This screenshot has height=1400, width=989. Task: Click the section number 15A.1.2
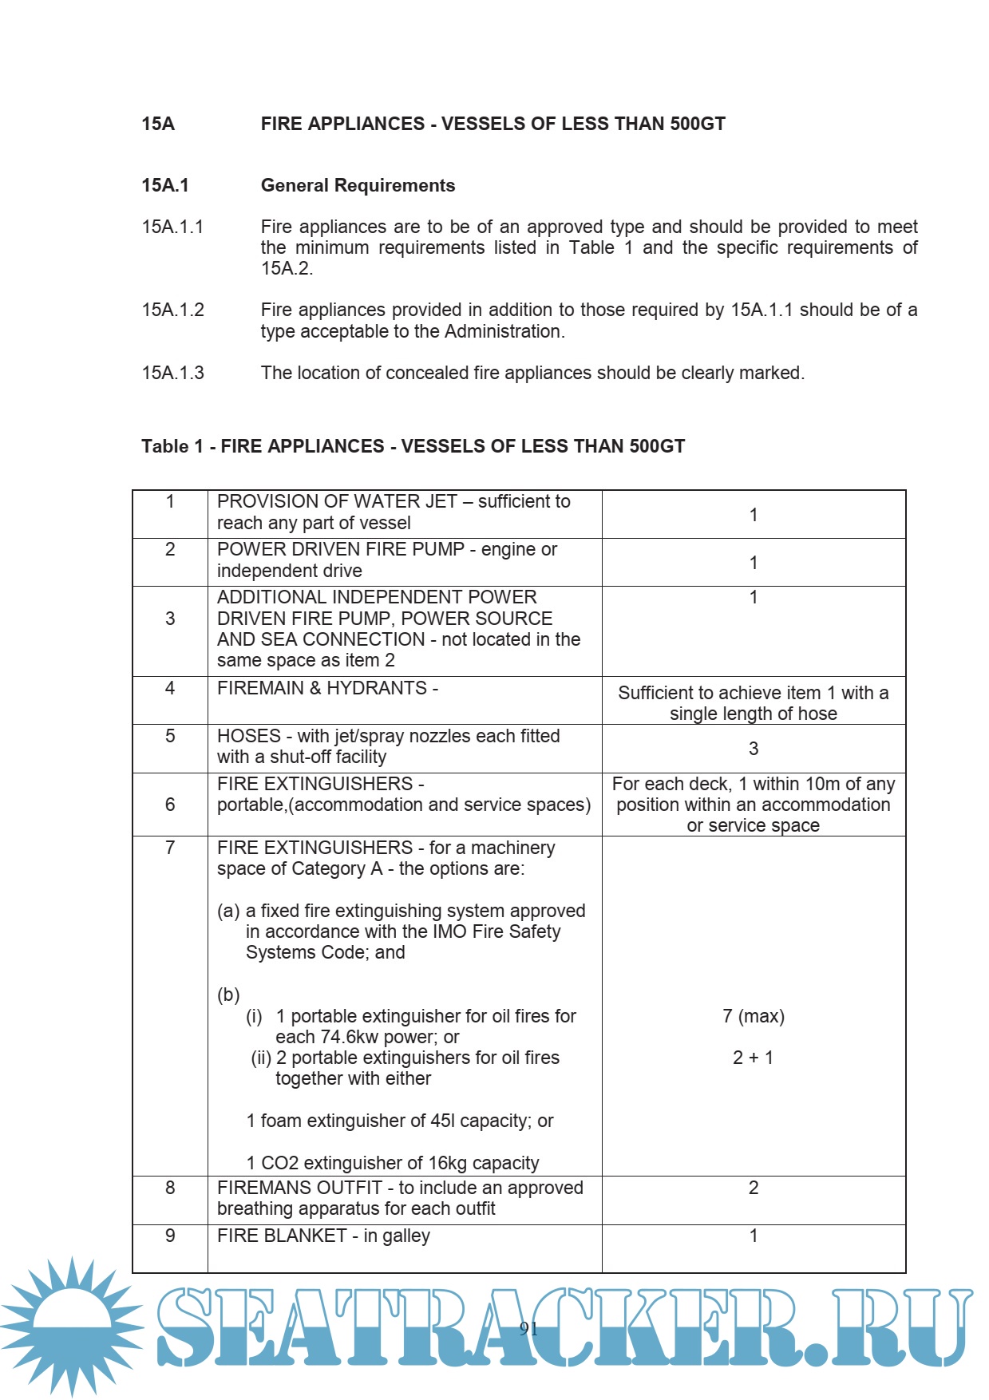172,310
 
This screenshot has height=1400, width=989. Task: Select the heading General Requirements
358,185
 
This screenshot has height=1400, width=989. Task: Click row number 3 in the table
170,619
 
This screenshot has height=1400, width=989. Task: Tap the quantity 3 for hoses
753,749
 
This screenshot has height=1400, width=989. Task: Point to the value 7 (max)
753,1016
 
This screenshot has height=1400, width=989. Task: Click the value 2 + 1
753,1058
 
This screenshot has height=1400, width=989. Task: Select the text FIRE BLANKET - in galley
323,1236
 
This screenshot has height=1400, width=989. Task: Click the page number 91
528,1328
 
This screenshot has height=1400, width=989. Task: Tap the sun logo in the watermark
72,1325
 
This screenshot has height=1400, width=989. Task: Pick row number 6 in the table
170,805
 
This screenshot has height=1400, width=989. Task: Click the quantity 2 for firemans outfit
753,1188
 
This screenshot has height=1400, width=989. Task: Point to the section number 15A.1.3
172,373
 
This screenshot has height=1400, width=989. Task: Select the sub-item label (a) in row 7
228,911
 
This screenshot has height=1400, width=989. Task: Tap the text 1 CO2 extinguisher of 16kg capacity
393,1163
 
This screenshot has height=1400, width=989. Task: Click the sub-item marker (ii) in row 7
261,1058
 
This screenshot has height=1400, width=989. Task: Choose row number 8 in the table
170,1188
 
